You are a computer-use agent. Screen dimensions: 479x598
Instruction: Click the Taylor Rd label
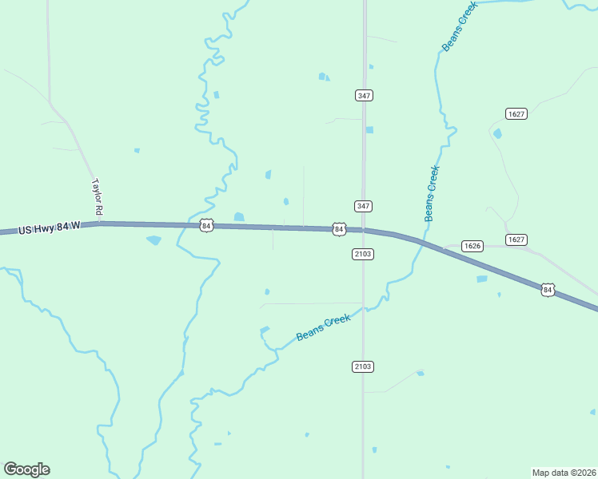(98, 195)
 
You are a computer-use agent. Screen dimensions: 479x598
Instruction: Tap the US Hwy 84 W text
(50, 228)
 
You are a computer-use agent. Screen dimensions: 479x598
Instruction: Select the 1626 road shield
(472, 246)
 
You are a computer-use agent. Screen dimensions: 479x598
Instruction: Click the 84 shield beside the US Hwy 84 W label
(206, 226)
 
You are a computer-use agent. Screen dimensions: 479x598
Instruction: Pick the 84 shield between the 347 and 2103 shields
(339, 229)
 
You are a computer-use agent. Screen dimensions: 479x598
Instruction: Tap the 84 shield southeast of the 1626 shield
(547, 290)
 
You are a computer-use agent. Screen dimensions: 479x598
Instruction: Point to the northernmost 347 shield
(364, 95)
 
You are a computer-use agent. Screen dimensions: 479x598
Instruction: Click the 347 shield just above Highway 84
(364, 206)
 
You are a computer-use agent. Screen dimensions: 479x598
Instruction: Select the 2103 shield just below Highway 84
(363, 254)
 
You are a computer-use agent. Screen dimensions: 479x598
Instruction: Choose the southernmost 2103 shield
(362, 366)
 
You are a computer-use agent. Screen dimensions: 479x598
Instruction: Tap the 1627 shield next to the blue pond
(516, 114)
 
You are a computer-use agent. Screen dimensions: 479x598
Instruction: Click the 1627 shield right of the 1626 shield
(516, 239)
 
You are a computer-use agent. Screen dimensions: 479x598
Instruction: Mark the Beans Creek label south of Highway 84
(323, 328)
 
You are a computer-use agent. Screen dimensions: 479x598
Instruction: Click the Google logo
(26, 469)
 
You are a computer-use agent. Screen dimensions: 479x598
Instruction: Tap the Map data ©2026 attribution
(564, 472)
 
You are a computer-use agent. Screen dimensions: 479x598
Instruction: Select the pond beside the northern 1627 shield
(497, 133)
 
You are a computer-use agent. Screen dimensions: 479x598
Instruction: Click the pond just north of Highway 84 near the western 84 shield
(238, 216)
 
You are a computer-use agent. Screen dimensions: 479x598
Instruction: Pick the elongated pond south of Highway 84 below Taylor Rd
(153, 239)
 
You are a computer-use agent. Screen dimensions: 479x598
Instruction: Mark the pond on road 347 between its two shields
(369, 129)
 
